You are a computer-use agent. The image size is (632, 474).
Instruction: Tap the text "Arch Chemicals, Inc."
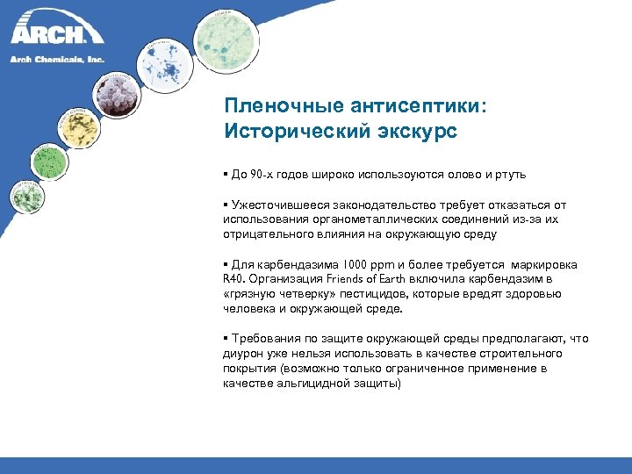point(57,59)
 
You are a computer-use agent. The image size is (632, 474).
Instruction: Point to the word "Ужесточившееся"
point(272,205)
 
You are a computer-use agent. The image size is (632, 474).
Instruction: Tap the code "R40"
point(233,280)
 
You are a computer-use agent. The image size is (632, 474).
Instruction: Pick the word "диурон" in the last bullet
point(243,354)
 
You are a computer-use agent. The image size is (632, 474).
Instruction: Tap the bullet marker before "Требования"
point(226,339)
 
